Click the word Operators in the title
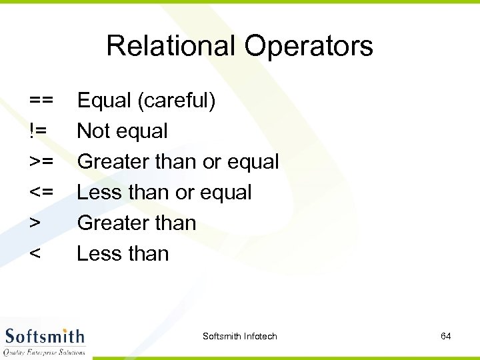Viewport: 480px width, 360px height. click(309, 47)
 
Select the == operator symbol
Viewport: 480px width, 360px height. click(41, 101)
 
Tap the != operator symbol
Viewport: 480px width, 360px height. click(37, 131)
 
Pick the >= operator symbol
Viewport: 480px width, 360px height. click(41, 162)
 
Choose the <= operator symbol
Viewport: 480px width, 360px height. click(41, 193)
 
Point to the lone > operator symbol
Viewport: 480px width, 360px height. click(35, 223)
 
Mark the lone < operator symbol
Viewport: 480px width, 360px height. click(35, 254)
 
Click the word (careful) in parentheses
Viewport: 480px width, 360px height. click(176, 101)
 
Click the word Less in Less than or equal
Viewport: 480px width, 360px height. click(99, 193)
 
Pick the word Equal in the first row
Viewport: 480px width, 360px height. click(104, 101)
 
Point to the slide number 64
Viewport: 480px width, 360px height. click(446, 337)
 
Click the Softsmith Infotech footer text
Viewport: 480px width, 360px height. click(239, 337)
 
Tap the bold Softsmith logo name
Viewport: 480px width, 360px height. click(45, 336)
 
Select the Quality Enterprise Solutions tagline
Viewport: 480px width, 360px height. click(45, 352)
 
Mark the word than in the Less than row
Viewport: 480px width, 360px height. click(148, 254)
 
